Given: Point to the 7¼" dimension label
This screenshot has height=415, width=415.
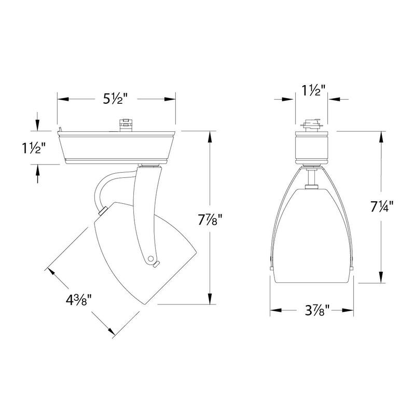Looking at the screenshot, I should pyautogui.click(x=382, y=206).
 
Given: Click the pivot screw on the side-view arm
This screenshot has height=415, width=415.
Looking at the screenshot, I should pyautogui.click(x=150, y=257).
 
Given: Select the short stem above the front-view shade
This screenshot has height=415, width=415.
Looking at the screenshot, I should pyautogui.click(x=312, y=178).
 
